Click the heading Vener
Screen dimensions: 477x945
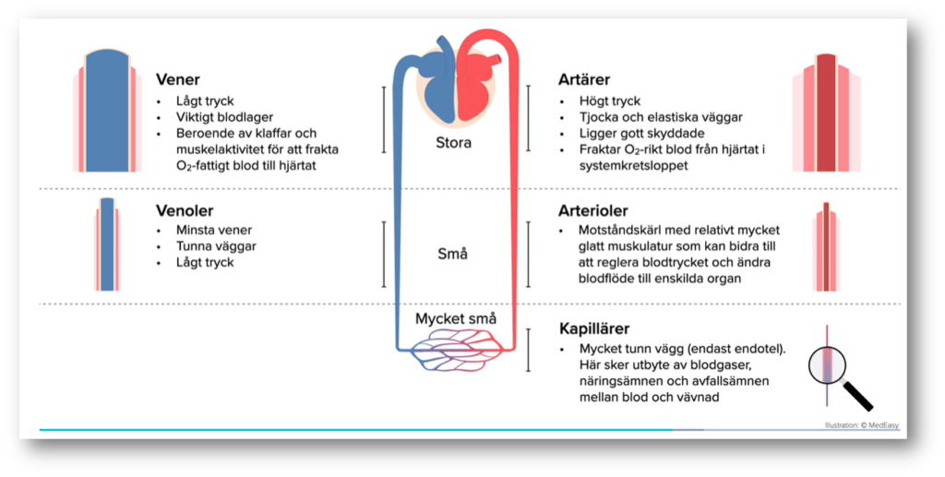(178, 80)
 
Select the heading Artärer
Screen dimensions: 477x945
(584, 80)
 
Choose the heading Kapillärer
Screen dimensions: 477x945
(596, 328)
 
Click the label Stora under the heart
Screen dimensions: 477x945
(453, 143)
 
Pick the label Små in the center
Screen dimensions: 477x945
(453, 254)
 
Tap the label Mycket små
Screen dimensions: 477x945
(455, 319)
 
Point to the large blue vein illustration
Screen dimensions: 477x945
(108, 111)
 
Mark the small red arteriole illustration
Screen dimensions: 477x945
(826, 244)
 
